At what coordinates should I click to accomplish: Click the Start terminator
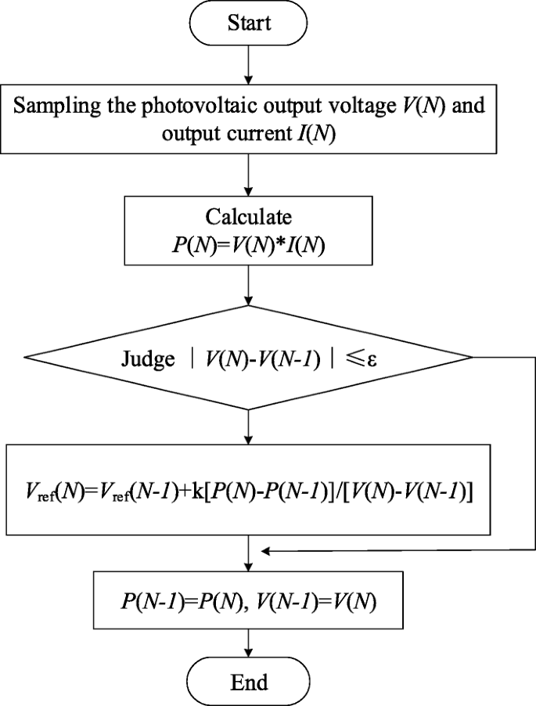click(x=249, y=23)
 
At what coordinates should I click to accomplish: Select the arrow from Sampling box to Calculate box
click(x=249, y=174)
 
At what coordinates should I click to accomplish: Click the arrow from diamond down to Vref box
click(x=249, y=427)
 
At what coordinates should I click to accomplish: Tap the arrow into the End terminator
click(x=249, y=640)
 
